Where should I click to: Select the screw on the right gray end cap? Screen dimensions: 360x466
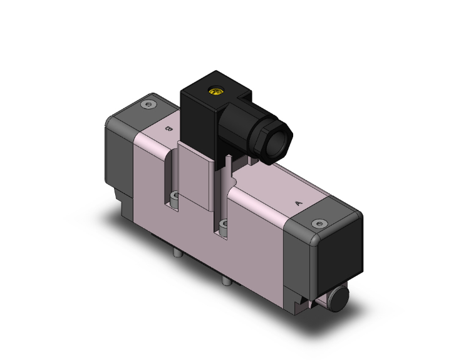point(321,224)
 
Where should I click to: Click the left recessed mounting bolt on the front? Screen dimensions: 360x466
point(175,199)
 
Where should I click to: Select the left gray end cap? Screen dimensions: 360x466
point(116,153)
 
